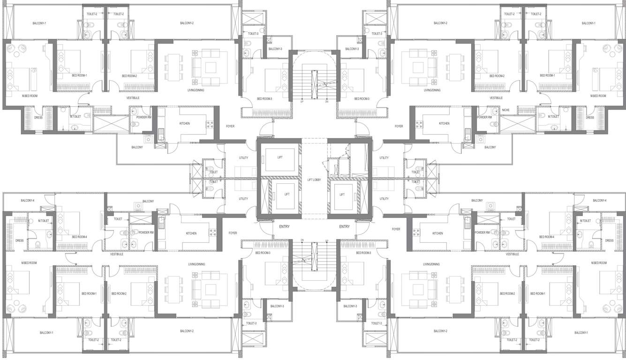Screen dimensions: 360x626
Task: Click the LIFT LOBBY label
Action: [x=314, y=180]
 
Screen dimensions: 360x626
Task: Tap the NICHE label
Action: [x=505, y=110]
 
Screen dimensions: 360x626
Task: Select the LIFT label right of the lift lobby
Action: [x=342, y=195]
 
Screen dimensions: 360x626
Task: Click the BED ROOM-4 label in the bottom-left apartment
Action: [x=80, y=237]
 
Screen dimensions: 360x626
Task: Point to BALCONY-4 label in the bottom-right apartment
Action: [x=599, y=201]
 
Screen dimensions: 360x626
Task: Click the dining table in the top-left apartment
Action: [x=173, y=66]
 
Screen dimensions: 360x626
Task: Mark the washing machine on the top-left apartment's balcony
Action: [x=148, y=139]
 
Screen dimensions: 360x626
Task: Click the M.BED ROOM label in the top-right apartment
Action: [x=598, y=96]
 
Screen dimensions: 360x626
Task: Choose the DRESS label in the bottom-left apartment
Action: [x=19, y=240]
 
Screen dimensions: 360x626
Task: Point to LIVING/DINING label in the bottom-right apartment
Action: [x=431, y=264]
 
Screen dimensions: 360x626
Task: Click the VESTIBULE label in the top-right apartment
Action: [x=496, y=98]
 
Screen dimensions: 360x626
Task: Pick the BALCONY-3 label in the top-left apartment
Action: [x=275, y=49]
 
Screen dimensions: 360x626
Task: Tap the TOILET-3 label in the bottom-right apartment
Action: [x=374, y=323]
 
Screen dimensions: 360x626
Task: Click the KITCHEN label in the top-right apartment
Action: [x=444, y=123]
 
